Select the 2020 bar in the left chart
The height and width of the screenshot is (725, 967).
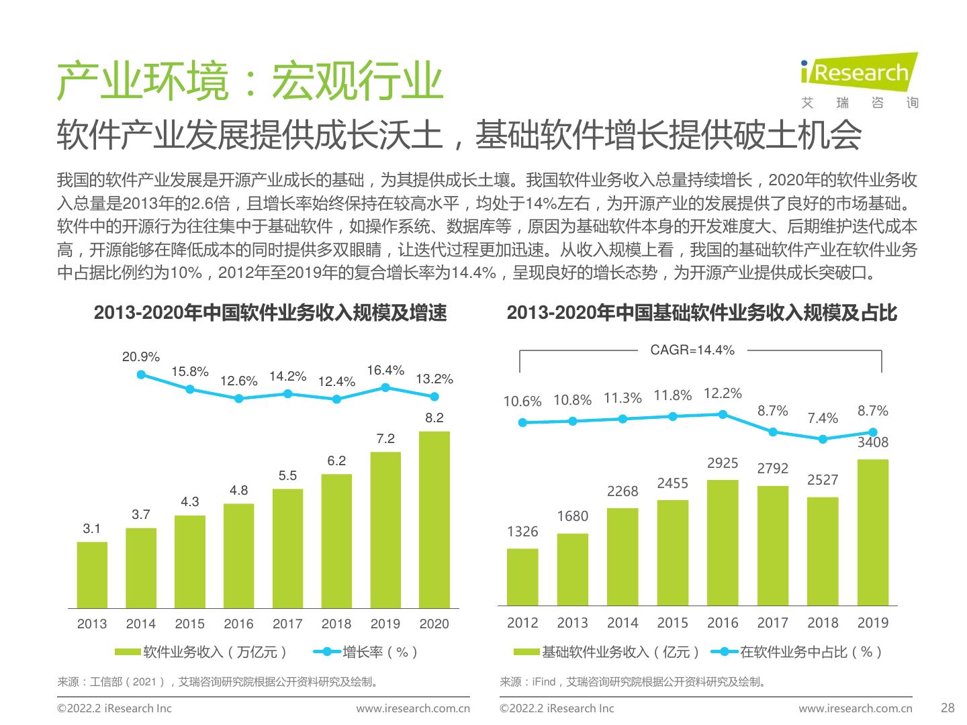434,520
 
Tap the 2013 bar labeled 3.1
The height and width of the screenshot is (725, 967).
92,575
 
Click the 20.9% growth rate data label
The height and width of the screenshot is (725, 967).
140,357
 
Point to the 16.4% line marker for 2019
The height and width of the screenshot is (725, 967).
385,387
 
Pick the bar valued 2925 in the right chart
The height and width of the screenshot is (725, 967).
723,542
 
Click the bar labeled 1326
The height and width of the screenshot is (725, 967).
522,577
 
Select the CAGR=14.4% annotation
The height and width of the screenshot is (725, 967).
692,350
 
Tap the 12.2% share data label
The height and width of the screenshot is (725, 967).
723,393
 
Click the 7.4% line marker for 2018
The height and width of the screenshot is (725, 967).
823,439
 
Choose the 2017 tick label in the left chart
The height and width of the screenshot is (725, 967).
287,624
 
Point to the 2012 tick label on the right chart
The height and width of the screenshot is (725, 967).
522,623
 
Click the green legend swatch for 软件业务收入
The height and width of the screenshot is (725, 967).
128,652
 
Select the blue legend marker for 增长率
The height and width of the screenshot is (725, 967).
327,652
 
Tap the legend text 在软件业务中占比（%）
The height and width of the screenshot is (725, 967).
811,652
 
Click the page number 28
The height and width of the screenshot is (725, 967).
948,708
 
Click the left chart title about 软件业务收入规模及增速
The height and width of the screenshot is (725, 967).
270,313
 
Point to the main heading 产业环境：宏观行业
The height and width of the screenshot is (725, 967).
249,83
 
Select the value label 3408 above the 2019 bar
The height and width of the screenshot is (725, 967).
872,442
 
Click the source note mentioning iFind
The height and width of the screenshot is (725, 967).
633,682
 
